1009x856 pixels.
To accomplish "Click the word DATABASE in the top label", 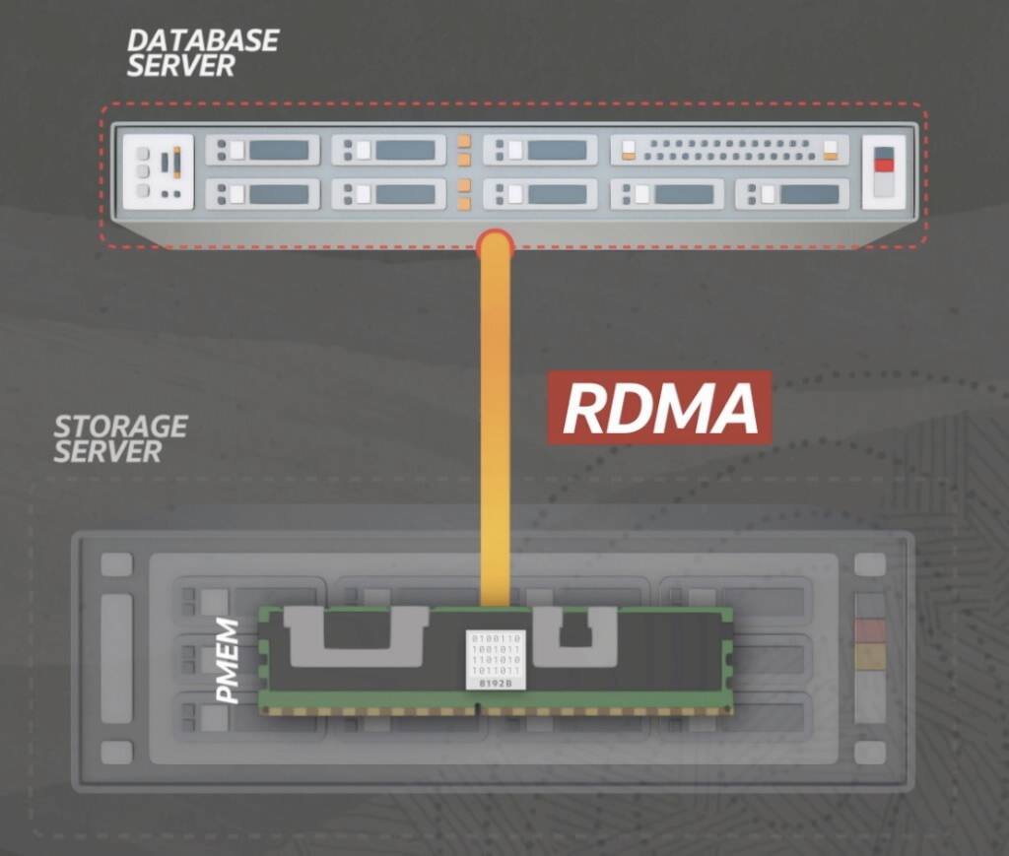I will coord(202,41).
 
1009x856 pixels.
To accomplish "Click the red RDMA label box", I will coord(659,409).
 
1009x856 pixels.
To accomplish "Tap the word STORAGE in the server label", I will coord(120,428).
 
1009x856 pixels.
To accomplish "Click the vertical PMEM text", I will coord(229,661).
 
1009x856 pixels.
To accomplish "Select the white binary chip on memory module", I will coord(495,659).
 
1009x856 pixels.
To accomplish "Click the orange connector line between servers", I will coord(495,424).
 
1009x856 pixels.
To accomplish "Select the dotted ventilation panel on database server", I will coord(728,150).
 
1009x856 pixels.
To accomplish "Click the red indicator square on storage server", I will coord(869,630).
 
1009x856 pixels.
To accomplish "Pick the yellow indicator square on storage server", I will coord(869,656).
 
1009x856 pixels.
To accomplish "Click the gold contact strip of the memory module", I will coord(493,709).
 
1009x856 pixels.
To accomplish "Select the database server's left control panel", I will coord(158,171).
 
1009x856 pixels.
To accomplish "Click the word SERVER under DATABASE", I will coord(180,67).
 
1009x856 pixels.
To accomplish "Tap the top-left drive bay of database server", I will coord(262,150).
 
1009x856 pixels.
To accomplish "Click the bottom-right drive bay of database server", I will coord(792,194).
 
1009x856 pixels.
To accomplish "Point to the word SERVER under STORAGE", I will coord(106,453).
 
